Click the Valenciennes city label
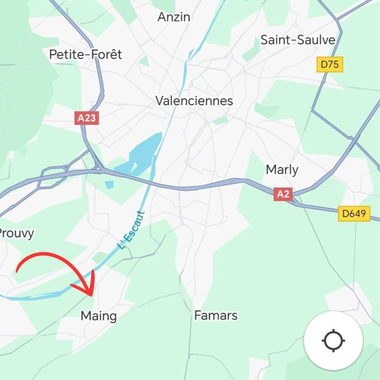[195, 101]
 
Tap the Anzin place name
[174, 17]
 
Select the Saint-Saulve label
[298, 40]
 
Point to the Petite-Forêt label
[85, 55]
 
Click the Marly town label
[282, 170]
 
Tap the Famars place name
[216, 315]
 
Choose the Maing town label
[99, 315]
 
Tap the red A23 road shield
[86, 118]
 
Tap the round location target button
[333, 341]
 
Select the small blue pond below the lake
[110, 184]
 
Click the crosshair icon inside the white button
[333, 341]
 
